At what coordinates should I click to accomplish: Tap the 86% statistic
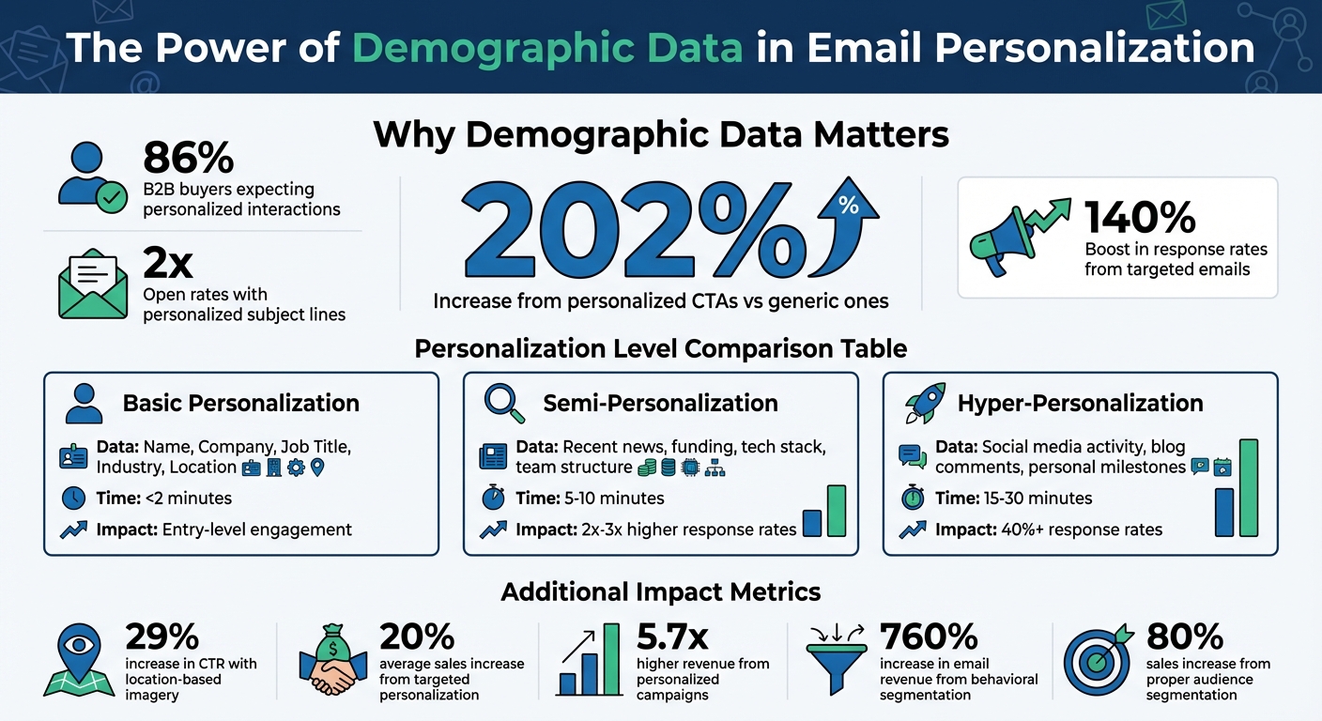[188, 158]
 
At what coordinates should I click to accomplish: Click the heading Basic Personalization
[240, 404]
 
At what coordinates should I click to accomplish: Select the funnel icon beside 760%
[836, 662]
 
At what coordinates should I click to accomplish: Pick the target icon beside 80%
[1096, 661]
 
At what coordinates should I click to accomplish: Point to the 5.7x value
[672, 637]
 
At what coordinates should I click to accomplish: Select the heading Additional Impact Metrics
[660, 592]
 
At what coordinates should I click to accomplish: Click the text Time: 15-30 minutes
[1014, 498]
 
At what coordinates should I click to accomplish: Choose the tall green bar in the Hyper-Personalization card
[1248, 487]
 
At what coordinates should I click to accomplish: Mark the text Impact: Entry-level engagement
[223, 529]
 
